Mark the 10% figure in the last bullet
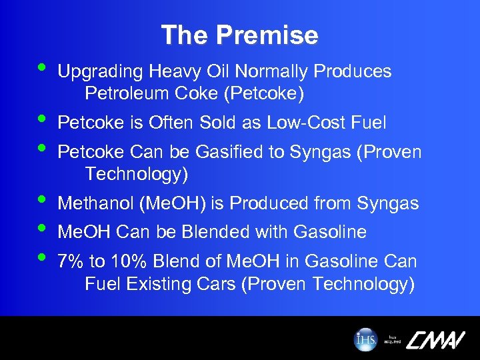click(x=117, y=262)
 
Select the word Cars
click(x=216, y=285)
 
